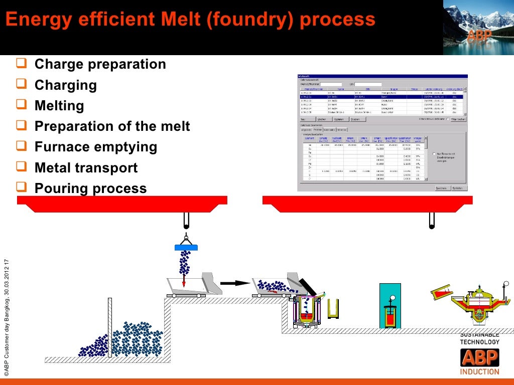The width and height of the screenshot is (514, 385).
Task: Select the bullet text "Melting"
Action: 59,106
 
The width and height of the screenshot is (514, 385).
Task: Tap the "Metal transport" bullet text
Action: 86,167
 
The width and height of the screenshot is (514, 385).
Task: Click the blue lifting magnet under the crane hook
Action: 186,247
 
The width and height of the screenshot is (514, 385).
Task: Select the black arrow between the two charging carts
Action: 234,283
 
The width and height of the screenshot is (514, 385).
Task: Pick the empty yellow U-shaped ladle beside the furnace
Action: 333,309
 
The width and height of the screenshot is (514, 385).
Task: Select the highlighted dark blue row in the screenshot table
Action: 381,96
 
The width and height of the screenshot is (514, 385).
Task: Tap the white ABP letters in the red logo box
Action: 479,358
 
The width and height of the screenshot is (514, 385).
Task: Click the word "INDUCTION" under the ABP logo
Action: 479,372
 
